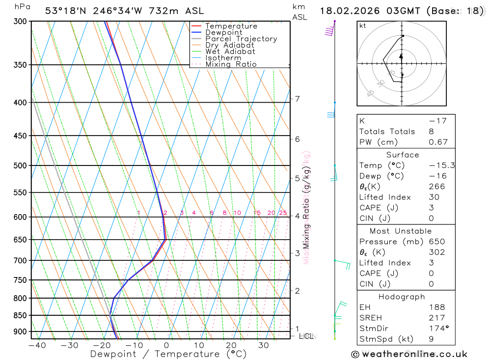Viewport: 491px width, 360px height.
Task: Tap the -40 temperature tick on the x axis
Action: [x=37, y=345]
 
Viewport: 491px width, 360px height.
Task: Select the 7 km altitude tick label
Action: [x=297, y=99]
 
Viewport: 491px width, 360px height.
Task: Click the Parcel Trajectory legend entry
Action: [x=241, y=39]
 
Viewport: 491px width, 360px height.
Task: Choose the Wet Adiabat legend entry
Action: [x=230, y=52]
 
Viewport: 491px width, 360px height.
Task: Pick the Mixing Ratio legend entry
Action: [x=231, y=64]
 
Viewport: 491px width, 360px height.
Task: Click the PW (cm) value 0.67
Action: [x=438, y=142]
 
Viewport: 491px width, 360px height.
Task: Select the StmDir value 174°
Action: [x=439, y=329]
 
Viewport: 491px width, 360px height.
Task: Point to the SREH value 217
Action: [x=436, y=318]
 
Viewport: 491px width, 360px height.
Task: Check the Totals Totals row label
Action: [x=387, y=131]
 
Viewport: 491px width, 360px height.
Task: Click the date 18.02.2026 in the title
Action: [x=350, y=11]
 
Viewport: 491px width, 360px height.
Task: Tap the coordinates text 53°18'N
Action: [x=64, y=11]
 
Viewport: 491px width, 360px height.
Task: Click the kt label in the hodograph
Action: [x=363, y=26]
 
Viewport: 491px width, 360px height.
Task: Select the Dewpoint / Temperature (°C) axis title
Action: [x=168, y=354]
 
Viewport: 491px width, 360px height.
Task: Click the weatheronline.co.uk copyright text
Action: [x=409, y=354]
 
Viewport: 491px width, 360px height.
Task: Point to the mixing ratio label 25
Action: [x=283, y=213]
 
